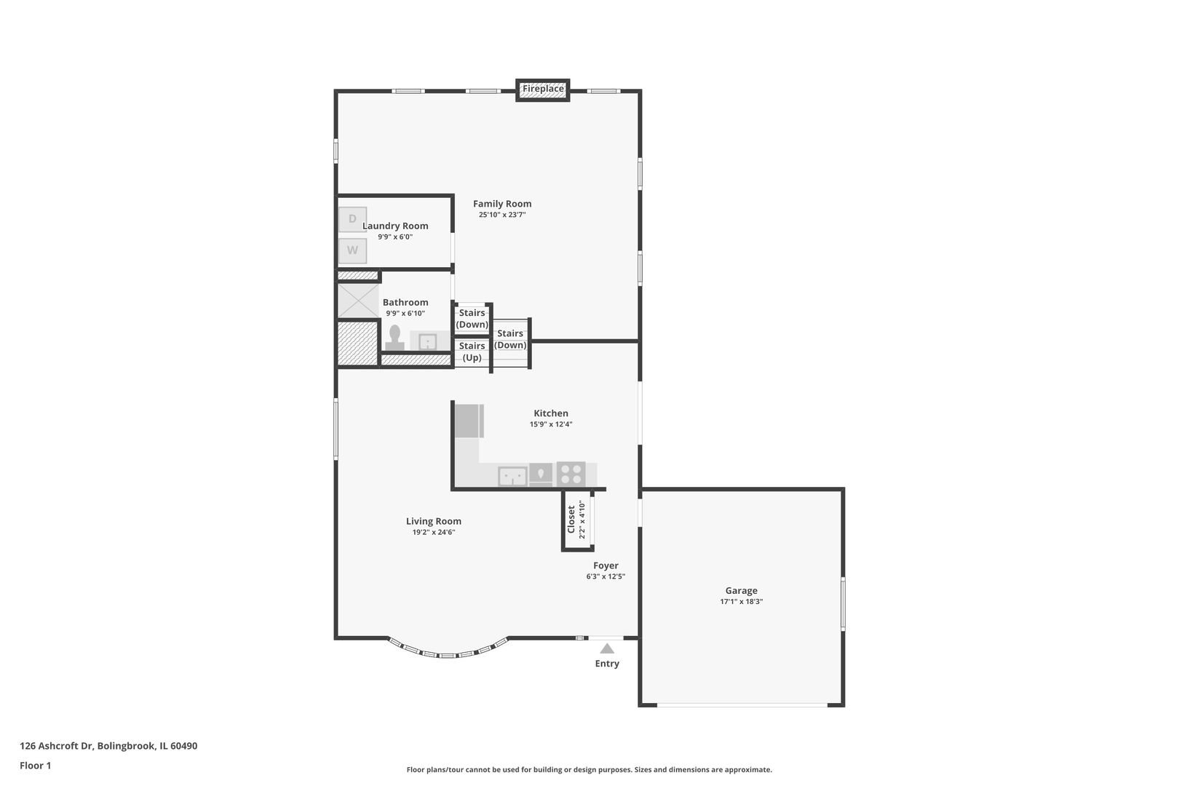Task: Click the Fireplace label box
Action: click(543, 89)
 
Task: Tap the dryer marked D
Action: click(352, 219)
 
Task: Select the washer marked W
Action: click(352, 250)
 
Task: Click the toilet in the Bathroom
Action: click(394, 338)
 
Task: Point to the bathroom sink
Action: click(427, 341)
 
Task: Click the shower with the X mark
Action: click(358, 300)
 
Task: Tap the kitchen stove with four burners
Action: click(571, 474)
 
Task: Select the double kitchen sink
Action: click(512, 477)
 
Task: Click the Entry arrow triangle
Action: click(607, 648)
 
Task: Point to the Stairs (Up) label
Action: click(472, 352)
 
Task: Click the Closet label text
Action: click(571, 520)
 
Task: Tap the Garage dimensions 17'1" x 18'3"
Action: click(741, 602)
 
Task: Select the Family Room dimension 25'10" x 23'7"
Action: click(502, 215)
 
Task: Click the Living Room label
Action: click(434, 521)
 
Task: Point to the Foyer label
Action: click(606, 565)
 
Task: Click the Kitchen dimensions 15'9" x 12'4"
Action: click(551, 424)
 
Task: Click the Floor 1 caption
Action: click(35, 766)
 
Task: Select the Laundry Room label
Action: click(395, 226)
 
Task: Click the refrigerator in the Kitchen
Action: click(469, 421)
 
